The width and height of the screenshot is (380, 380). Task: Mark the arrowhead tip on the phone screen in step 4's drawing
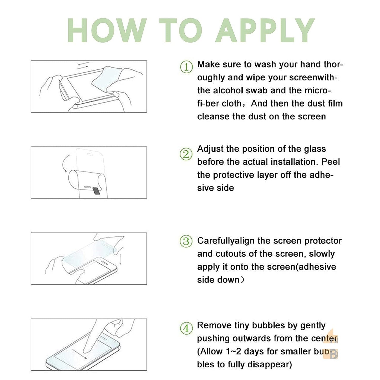(x=87, y=359)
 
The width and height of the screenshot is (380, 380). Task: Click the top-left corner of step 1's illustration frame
(x=31, y=61)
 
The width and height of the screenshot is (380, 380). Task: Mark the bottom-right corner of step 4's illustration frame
(x=147, y=371)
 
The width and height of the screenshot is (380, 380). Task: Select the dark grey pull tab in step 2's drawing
(x=97, y=191)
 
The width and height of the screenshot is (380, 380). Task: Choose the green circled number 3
(x=186, y=241)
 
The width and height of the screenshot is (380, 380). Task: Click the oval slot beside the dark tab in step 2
(x=87, y=187)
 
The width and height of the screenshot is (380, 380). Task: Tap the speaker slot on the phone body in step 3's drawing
(x=104, y=263)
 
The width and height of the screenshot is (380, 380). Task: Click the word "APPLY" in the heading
(x=265, y=30)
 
